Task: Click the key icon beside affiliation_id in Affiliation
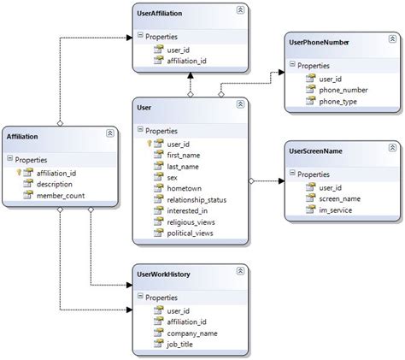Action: coord(20,172)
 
